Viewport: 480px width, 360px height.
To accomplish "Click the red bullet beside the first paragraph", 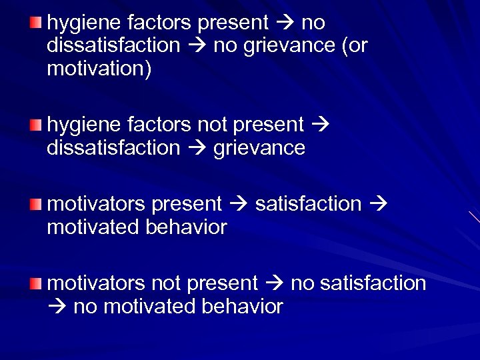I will tap(36, 24).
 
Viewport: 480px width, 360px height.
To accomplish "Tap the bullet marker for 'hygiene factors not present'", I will tap(36, 125).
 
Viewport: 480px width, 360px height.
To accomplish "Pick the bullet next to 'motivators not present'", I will tap(36, 284).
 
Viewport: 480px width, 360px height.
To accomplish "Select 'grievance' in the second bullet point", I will tap(259, 148).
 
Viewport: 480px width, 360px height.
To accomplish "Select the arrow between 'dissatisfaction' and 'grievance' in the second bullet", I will tap(196, 148).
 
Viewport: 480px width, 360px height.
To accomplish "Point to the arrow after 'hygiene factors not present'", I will tap(319, 125).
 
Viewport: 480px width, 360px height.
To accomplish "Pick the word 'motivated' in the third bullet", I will tap(93, 227).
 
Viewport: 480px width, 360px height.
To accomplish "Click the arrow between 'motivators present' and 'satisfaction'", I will tap(238, 204).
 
